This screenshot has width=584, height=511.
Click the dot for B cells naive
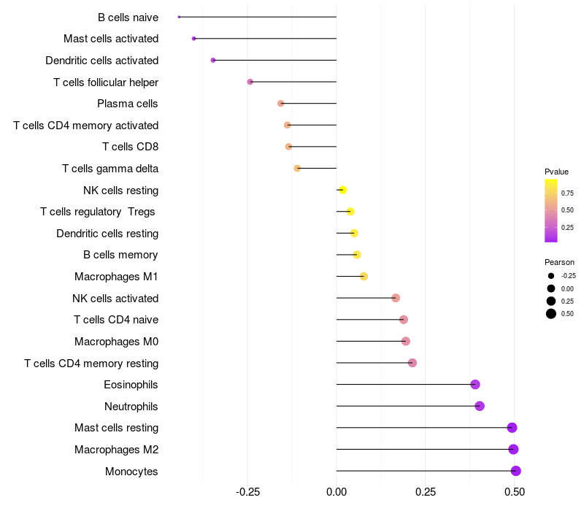point(179,17)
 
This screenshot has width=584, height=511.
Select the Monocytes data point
point(516,471)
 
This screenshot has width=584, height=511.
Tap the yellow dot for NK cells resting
point(342,190)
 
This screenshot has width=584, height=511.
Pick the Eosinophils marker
point(475,385)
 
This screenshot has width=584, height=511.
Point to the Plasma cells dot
point(281,103)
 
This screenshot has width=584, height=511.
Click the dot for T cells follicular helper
point(250,82)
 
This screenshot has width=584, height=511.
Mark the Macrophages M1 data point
point(364,277)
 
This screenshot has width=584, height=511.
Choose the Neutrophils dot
point(480,406)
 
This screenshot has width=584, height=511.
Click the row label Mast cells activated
point(111,39)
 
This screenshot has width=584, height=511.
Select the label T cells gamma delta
point(110,169)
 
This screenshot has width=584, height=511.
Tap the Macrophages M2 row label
point(117,450)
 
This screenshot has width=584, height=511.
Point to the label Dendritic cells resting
point(107,234)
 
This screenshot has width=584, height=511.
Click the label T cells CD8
point(131,147)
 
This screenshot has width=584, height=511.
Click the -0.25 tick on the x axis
point(247,492)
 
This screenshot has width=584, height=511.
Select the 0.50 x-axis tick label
point(515,492)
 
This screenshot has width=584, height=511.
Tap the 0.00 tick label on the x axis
point(337,492)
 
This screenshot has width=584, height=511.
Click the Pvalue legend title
point(556,172)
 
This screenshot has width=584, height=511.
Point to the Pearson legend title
point(559,262)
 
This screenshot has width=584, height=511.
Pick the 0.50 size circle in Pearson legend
point(551,314)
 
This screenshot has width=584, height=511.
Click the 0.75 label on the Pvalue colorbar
point(567,193)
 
